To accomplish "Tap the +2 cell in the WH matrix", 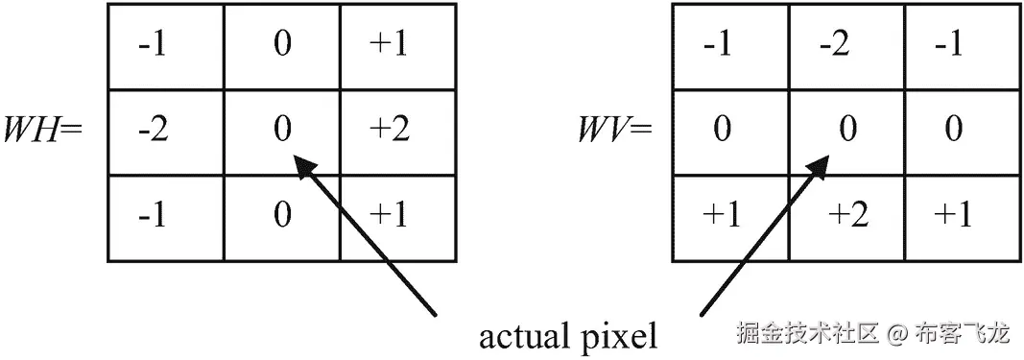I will [x=389, y=131].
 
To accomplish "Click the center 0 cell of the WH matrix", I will [x=281, y=131].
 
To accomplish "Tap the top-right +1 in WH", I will [x=389, y=45].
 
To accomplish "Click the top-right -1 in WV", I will [x=953, y=45].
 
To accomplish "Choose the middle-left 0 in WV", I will [x=722, y=131].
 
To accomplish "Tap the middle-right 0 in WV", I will [x=953, y=131].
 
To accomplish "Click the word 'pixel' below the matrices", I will [x=620, y=338].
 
